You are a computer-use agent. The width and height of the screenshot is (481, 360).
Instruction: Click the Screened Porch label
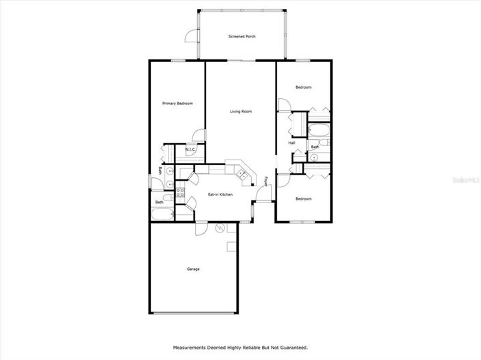click(242, 36)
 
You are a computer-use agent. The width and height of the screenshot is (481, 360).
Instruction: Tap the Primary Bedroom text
click(177, 104)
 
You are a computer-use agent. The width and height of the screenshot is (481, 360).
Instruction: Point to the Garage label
click(193, 269)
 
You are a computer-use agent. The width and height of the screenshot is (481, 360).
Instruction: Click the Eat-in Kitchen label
click(220, 194)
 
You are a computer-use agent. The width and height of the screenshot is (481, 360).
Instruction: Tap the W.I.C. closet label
click(190, 150)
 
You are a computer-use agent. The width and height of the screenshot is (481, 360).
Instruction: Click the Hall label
click(292, 143)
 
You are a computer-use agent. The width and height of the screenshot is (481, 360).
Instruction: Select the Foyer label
click(266, 181)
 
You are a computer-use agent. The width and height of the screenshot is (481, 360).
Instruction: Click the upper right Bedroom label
click(304, 87)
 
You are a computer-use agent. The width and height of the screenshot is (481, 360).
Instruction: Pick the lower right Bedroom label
click(304, 198)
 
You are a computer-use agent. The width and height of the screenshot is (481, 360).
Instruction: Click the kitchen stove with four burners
click(181, 192)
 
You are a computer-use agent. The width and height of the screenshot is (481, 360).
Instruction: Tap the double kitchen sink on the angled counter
click(242, 175)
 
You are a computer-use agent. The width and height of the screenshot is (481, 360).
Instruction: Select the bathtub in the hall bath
click(319, 131)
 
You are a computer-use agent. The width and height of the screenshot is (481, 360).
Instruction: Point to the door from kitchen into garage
click(200, 228)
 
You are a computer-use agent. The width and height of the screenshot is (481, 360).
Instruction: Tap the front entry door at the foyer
click(261, 196)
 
